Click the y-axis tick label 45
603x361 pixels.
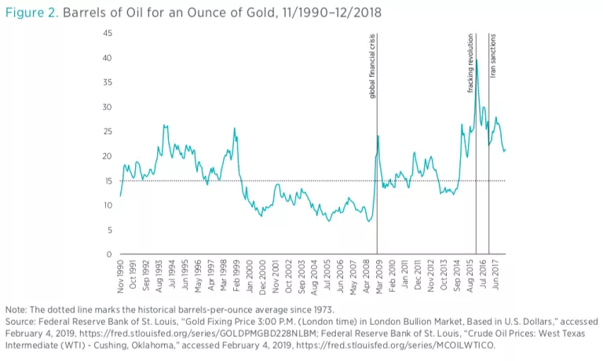(107, 33)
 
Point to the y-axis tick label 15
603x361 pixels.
(107, 180)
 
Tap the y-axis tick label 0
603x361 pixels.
(109, 254)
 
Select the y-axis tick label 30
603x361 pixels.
(107, 107)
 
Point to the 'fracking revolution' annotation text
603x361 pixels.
(471, 63)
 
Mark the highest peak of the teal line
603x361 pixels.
(476, 59)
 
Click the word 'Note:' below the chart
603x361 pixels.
(16, 308)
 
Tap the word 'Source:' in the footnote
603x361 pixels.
(20, 321)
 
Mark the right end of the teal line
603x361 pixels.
(506, 149)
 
